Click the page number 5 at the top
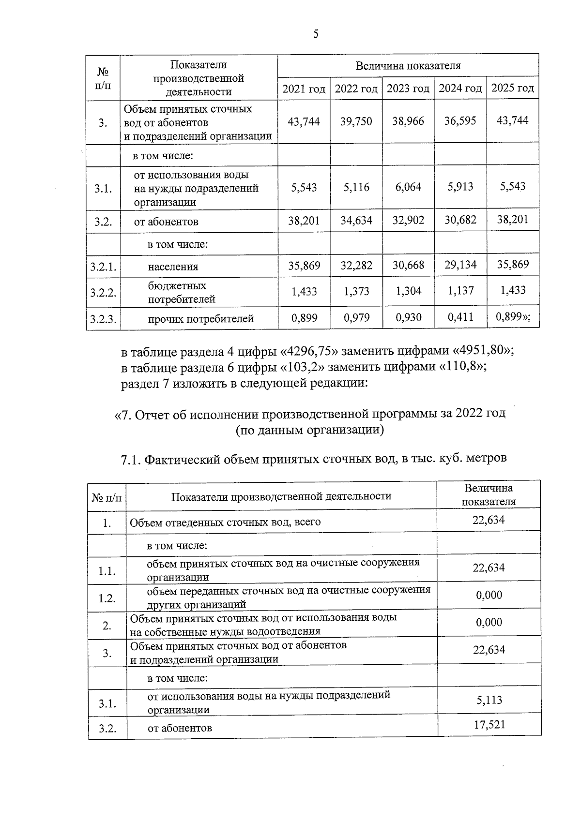pos(316,34)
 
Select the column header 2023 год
pos(408,89)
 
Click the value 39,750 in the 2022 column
pos(356,121)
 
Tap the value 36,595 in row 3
pos(460,120)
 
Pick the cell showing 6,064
pos(408,187)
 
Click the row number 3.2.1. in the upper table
pos(103,267)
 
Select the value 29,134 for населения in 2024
pos(460,265)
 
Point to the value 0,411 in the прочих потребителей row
pos(460,317)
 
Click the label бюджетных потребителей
pos(182,292)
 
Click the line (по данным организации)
pos(310,430)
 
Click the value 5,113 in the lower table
pos(489,700)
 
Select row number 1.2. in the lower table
pos(107,598)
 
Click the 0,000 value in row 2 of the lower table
pos(489,622)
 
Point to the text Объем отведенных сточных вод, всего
pos(225,522)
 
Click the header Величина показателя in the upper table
pos(408,66)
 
